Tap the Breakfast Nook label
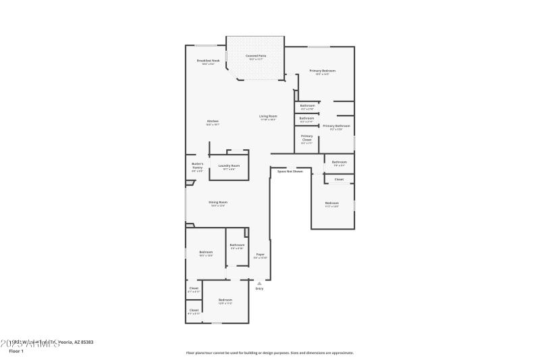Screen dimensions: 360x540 click(208, 61)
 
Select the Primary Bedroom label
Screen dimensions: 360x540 click(322, 71)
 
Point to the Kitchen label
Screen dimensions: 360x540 click(212, 122)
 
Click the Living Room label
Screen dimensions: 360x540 click(268, 116)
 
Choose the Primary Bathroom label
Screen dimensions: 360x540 click(336, 126)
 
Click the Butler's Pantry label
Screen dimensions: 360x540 click(197, 165)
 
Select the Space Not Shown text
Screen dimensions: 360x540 click(290, 172)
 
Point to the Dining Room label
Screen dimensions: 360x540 click(217, 203)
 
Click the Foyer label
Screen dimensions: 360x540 click(260, 255)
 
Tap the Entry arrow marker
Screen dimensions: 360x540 click(259, 283)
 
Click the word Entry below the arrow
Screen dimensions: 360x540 click(259, 288)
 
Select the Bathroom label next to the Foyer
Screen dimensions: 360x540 click(237, 245)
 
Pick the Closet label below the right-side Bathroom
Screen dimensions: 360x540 click(339, 179)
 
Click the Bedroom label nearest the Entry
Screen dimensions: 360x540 click(225, 300)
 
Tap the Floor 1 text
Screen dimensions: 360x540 click(16, 351)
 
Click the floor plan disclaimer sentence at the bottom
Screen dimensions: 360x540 click(269, 353)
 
